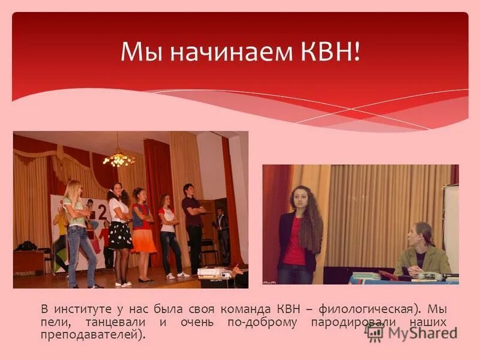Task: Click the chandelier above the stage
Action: pos(119,159)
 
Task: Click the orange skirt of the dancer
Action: pos(144,241)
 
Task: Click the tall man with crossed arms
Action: pos(193,222)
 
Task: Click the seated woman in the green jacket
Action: pos(422,252)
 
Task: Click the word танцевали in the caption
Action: pos(117,322)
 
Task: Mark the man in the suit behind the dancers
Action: pos(223,234)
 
